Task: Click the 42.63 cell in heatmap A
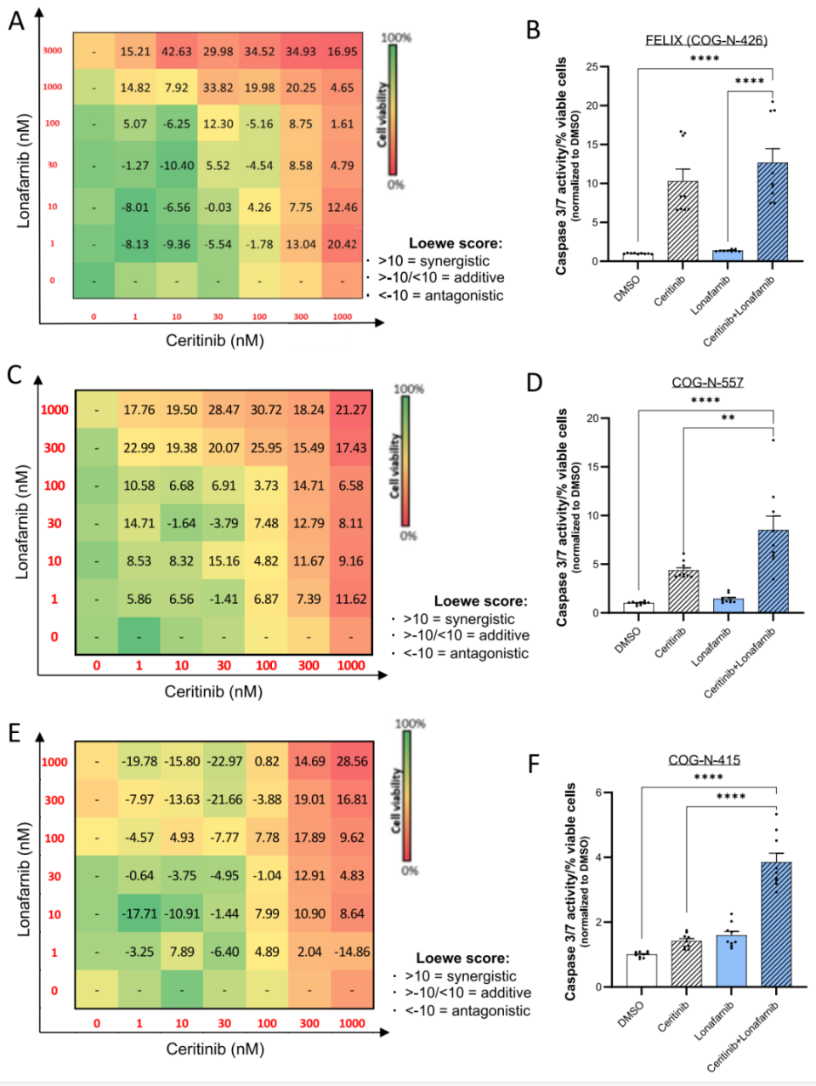tap(177, 52)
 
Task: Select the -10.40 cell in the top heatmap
tap(177, 166)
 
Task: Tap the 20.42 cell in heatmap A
tap(342, 244)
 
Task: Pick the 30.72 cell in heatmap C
tap(266, 410)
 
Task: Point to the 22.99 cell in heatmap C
tap(139, 447)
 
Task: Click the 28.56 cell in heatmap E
tap(352, 761)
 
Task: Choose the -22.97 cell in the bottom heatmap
tap(224, 761)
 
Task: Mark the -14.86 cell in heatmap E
tap(352, 952)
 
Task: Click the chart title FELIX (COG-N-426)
tap(705, 40)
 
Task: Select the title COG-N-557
tap(707, 383)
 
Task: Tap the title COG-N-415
tap(704, 760)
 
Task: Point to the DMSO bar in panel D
tap(637, 607)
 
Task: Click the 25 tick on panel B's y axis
tap(592, 66)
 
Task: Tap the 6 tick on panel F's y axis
tap(598, 793)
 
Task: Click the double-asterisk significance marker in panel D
tap(728, 418)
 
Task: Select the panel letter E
tap(14, 733)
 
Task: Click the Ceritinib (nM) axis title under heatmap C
tap(213, 691)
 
